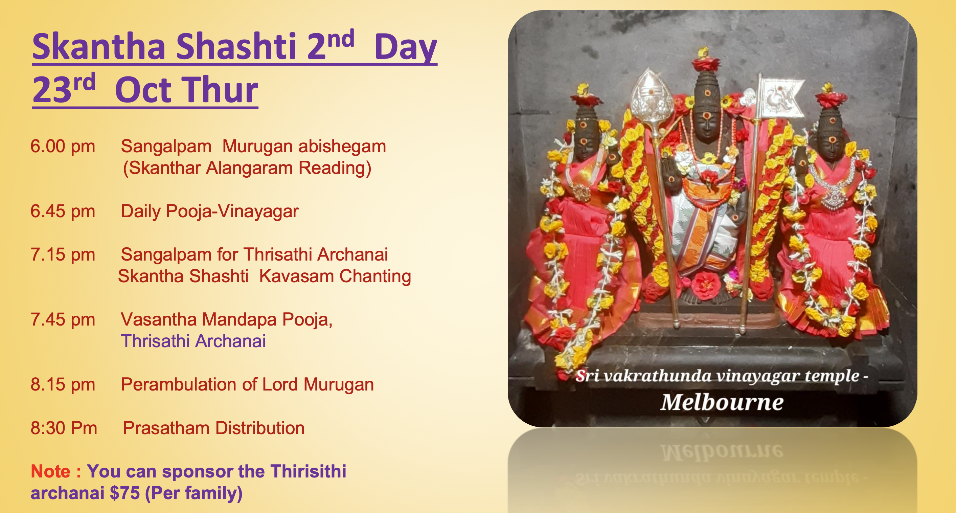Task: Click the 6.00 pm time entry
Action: (x=63, y=146)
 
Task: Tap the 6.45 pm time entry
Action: (x=63, y=211)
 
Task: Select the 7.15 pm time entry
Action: (x=63, y=255)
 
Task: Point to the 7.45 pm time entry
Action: (x=63, y=319)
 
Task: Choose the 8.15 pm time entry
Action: (x=63, y=384)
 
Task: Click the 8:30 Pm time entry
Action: (x=64, y=428)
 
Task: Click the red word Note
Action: (x=50, y=471)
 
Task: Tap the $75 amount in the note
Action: (x=125, y=493)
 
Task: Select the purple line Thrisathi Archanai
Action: (x=194, y=341)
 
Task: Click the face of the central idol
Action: (x=707, y=122)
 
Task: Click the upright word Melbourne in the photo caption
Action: (x=722, y=402)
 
